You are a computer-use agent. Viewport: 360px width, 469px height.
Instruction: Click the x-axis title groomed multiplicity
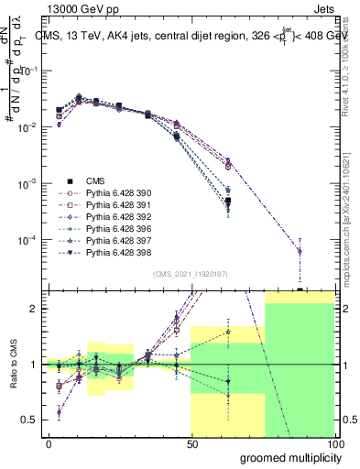pos(287,457)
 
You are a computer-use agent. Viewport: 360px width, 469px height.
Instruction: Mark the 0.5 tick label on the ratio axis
pos(28,420)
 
